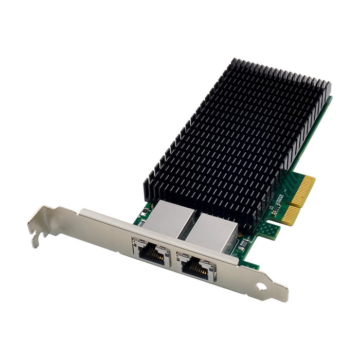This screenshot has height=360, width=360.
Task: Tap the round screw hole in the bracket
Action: pyautogui.click(x=262, y=286)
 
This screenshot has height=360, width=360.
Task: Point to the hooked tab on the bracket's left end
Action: pyautogui.click(x=36, y=234)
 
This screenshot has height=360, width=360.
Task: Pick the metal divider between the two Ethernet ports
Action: pyautogui.click(x=173, y=257)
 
